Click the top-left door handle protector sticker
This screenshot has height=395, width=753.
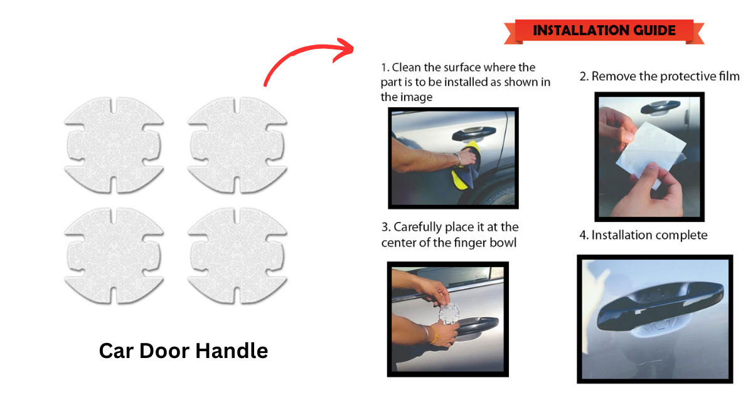click(114, 145)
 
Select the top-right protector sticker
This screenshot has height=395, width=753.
click(237, 145)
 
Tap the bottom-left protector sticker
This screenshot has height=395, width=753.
click(114, 256)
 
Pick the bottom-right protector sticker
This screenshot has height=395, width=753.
click(237, 256)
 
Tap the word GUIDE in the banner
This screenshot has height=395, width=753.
click(654, 31)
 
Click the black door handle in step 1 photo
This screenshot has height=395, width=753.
click(474, 134)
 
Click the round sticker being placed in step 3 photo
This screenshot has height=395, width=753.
click(449, 313)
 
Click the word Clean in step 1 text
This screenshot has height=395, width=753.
click(407, 68)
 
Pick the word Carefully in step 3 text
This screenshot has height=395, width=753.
click(417, 228)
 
